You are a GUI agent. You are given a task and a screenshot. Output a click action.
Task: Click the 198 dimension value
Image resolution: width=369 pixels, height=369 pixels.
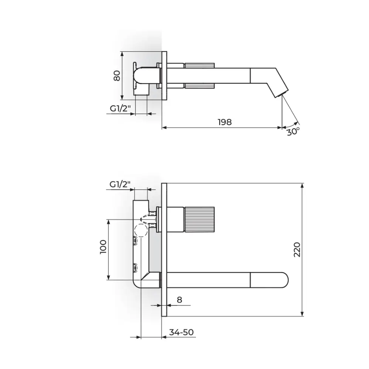point(225,122)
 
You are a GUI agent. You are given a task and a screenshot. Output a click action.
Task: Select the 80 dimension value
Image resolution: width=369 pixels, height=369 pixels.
point(117,76)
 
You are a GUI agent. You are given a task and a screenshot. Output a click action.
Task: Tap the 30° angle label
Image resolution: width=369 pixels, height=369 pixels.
point(293,131)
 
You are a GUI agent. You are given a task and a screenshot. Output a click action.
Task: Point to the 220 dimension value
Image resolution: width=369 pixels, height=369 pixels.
point(297,250)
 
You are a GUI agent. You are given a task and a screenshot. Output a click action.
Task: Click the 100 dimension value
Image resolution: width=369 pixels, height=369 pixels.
point(103,247)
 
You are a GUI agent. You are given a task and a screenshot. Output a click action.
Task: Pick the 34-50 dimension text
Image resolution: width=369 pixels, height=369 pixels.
point(182,332)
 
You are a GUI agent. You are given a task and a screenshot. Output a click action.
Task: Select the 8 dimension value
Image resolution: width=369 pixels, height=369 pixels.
point(179,300)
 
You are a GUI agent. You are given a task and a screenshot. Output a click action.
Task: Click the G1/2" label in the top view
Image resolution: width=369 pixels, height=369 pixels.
point(120,108)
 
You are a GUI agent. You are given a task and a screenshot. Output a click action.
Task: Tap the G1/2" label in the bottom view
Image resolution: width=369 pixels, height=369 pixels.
point(120,184)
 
